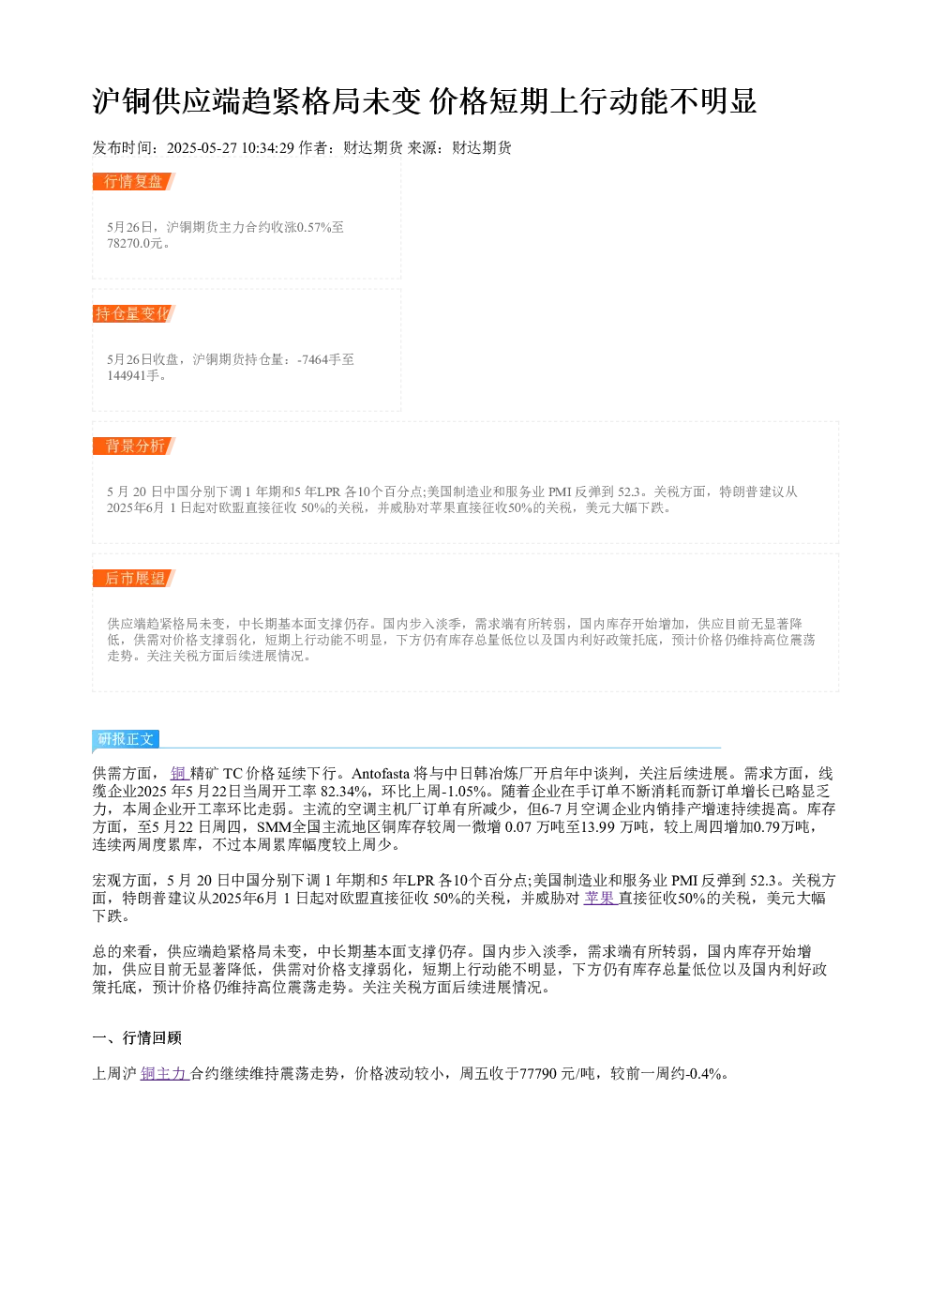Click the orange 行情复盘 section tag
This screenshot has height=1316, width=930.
pos(133,182)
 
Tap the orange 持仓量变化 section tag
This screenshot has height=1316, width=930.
pos(133,313)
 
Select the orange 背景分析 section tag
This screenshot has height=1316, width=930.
pos(133,446)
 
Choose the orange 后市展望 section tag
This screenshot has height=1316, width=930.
pos(133,578)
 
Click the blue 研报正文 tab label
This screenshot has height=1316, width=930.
pos(126,739)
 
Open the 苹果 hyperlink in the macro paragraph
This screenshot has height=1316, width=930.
pos(601,899)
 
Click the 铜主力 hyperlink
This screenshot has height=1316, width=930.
pos(164,1074)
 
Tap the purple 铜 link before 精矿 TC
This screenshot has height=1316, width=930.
pos(178,774)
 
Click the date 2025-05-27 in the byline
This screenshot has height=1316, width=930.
pos(202,148)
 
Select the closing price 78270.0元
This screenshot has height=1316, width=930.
pos(134,243)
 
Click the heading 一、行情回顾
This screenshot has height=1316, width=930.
pos(137,1038)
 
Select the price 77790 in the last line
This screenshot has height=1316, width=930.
pos(538,1074)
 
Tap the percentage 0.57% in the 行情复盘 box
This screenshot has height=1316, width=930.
pos(314,227)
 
